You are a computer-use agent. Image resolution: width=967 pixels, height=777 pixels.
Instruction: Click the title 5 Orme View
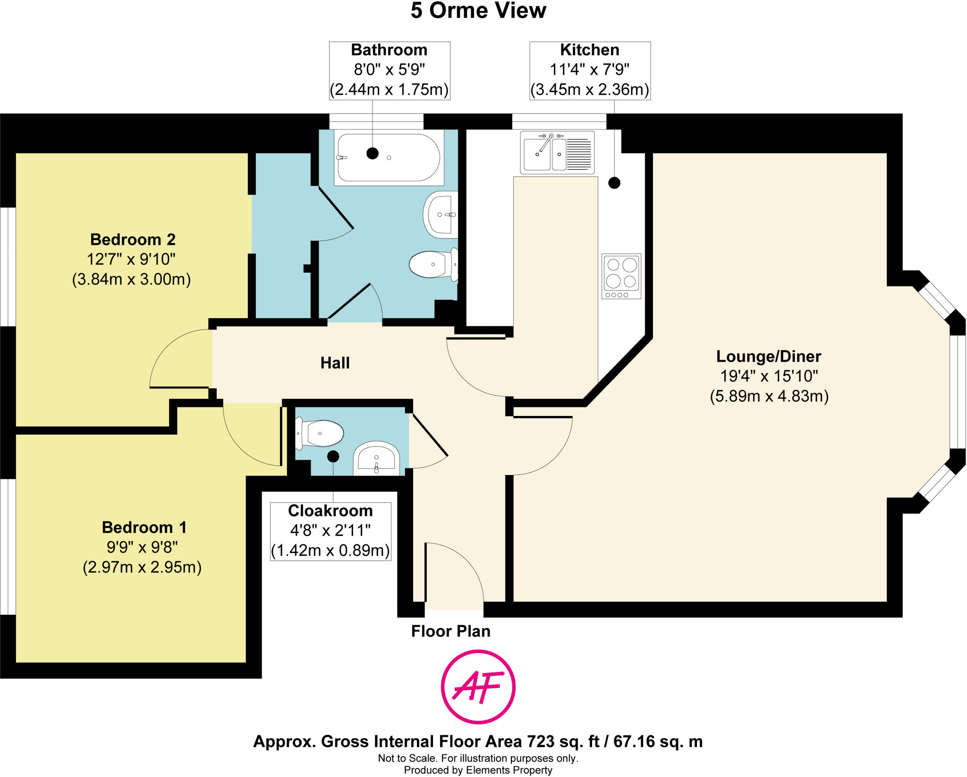(478, 11)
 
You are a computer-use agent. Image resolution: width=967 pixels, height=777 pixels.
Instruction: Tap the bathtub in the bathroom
(389, 157)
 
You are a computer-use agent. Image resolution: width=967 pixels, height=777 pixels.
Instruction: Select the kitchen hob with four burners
(621, 276)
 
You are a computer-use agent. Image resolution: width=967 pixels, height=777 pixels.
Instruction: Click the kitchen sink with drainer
(557, 152)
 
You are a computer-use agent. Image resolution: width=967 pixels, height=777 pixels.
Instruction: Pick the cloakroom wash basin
(376, 459)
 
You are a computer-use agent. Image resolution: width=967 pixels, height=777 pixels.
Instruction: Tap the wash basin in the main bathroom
(441, 215)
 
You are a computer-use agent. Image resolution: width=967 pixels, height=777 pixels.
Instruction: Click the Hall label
(335, 363)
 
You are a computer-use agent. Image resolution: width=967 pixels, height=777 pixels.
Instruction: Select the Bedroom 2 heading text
(133, 240)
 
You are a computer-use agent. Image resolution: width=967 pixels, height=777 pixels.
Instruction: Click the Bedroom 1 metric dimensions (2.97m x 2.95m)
(142, 567)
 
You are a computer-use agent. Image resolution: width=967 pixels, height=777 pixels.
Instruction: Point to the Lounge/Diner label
(769, 356)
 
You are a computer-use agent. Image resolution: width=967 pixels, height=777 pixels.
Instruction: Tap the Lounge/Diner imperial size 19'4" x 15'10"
(769, 376)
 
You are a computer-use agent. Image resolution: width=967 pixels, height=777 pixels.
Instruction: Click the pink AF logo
(478, 686)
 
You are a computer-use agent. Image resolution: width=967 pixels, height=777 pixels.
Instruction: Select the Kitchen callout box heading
(589, 50)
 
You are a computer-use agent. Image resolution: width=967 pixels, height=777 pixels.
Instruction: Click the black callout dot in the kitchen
(614, 182)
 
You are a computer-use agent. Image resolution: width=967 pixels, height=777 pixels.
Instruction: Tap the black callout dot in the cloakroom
(333, 456)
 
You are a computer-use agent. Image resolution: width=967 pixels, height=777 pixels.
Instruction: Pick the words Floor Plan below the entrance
(450, 631)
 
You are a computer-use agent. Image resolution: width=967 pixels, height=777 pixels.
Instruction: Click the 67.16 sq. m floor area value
(658, 742)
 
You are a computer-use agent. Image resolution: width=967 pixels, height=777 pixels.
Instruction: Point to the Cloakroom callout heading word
(330, 511)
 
